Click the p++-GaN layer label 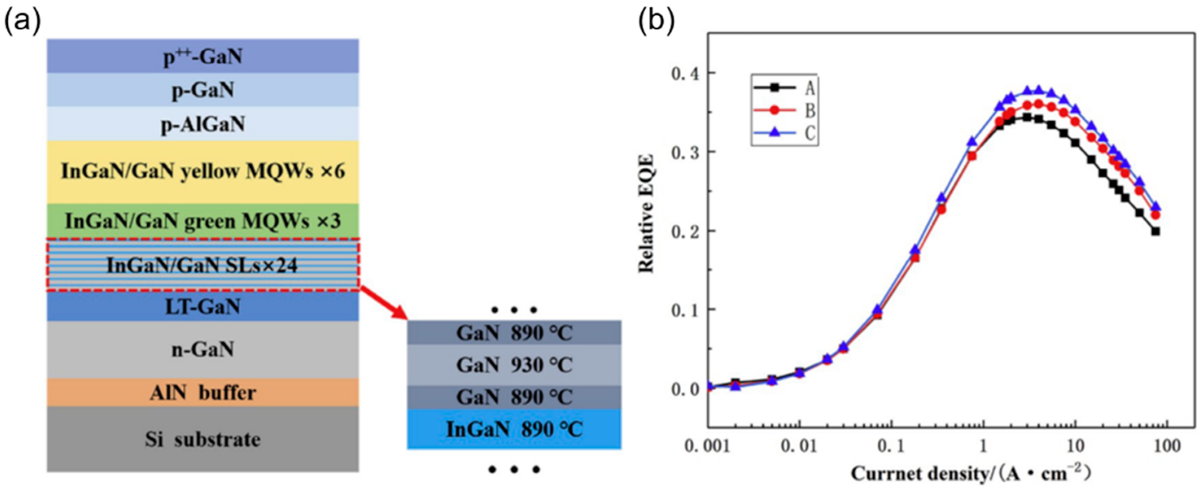pyautogui.click(x=203, y=57)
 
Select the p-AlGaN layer pyautogui.click(x=203, y=124)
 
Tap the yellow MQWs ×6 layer pyautogui.click(x=203, y=172)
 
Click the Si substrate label pyautogui.click(x=203, y=439)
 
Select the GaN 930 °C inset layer pyautogui.click(x=514, y=365)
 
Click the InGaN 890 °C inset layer pyautogui.click(x=514, y=429)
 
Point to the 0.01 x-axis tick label pyautogui.click(x=799, y=447)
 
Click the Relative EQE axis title pyautogui.click(x=646, y=214)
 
